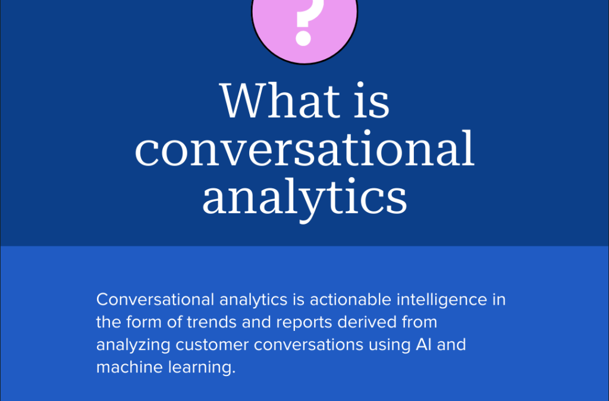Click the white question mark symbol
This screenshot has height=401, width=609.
pyautogui.click(x=303, y=23)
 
